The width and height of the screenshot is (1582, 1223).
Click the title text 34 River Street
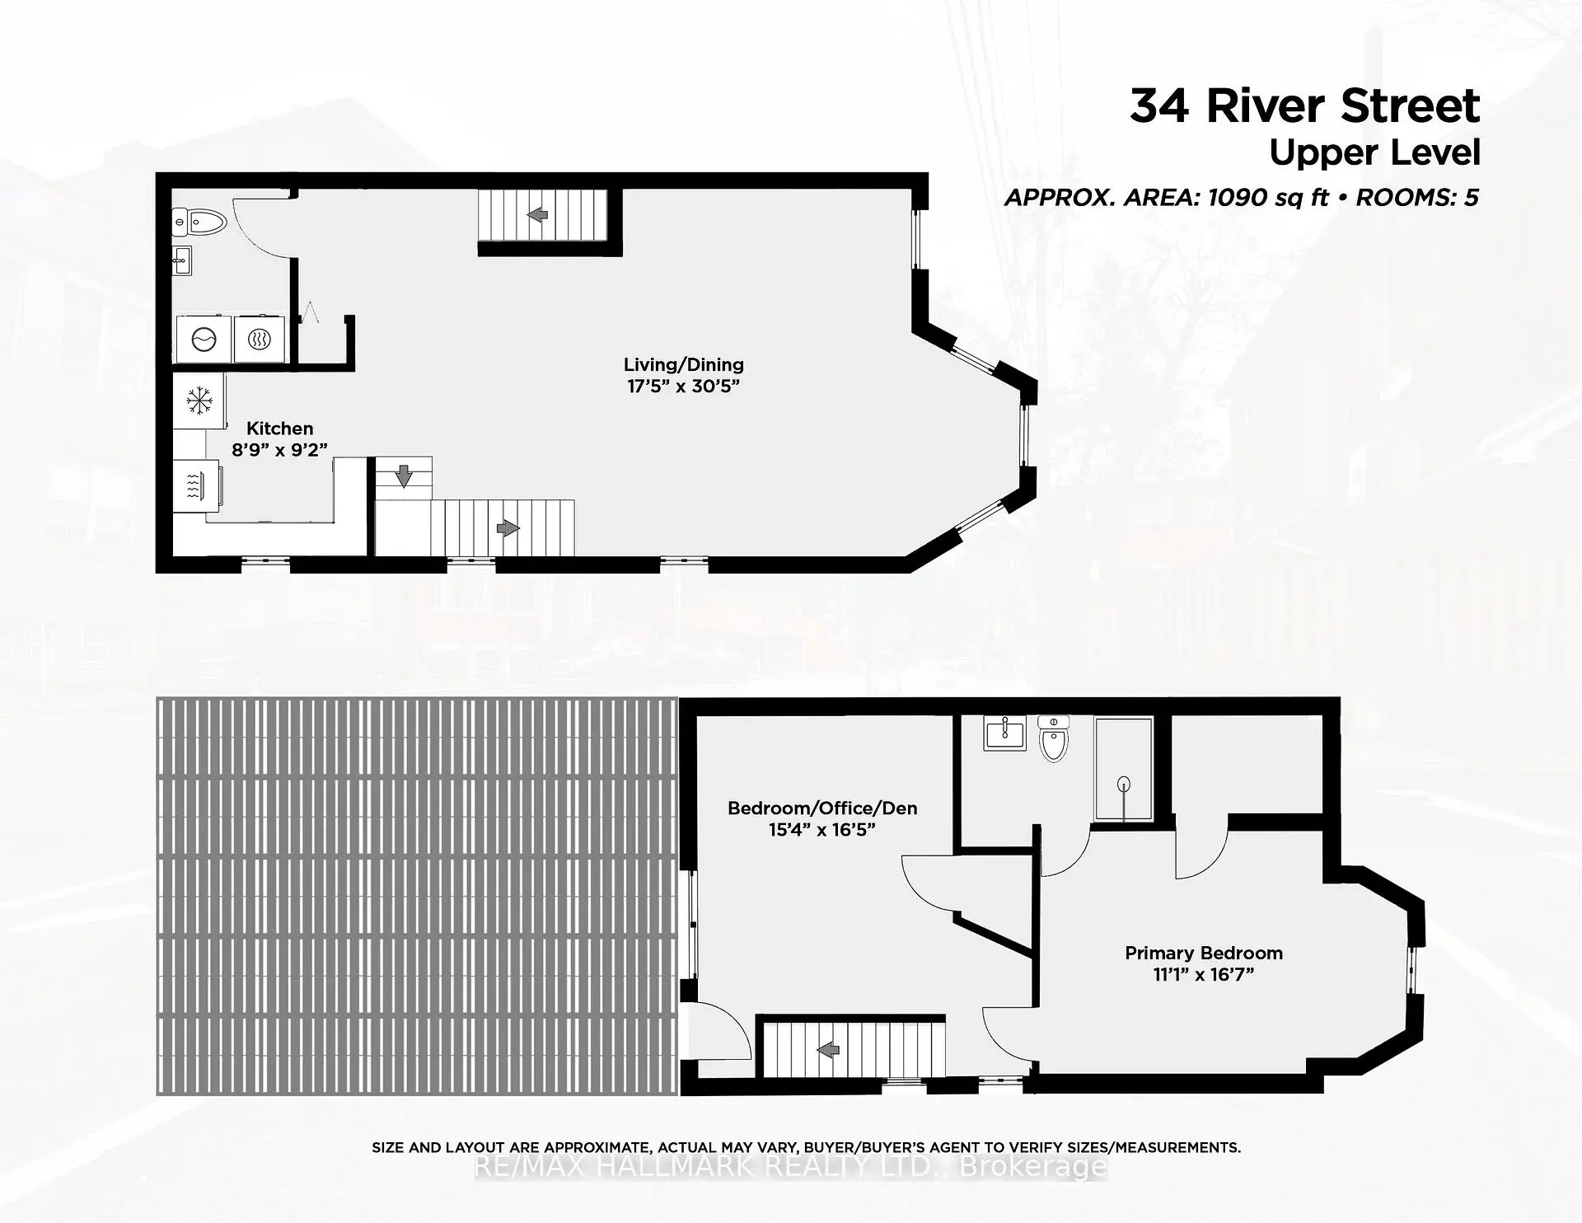point(1304,106)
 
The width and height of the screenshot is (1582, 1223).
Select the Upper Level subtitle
point(1374,153)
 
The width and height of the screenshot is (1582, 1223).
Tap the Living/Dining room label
point(683,364)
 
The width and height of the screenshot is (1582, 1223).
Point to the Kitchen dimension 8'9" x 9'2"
point(279,450)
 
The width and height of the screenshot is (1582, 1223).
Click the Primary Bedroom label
point(1204,953)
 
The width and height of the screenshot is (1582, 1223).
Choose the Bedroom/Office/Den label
point(822,808)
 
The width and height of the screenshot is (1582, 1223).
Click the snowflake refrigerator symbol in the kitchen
point(199,401)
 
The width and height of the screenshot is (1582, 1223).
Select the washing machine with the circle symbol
point(204,339)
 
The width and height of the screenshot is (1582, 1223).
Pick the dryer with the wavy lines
point(260,339)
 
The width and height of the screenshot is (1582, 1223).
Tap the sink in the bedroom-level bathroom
point(1005,732)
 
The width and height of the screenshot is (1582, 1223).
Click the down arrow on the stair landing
point(404,476)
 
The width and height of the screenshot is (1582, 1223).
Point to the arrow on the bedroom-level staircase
point(828,1050)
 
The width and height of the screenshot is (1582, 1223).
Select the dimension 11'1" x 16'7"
point(1204,974)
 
